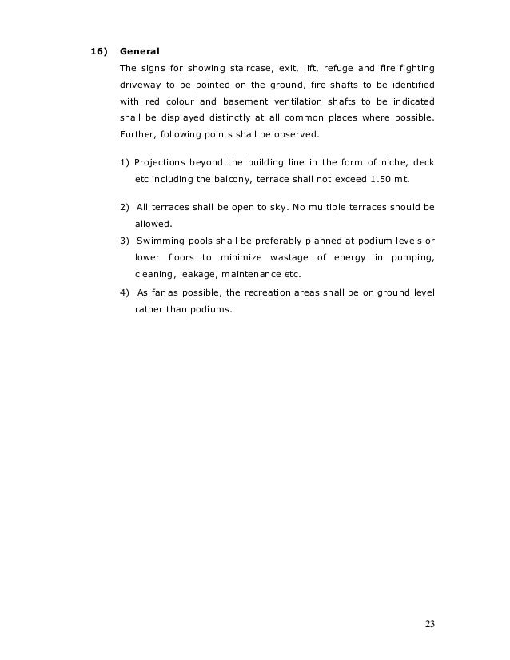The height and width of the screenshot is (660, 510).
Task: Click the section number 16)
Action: pyautogui.click(x=97, y=52)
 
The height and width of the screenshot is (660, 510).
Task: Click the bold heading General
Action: pyautogui.click(x=139, y=52)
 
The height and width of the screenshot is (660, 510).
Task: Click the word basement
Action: pyautogui.click(x=261, y=102)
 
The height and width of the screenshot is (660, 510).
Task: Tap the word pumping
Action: pyautogui.click(x=412, y=258)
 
